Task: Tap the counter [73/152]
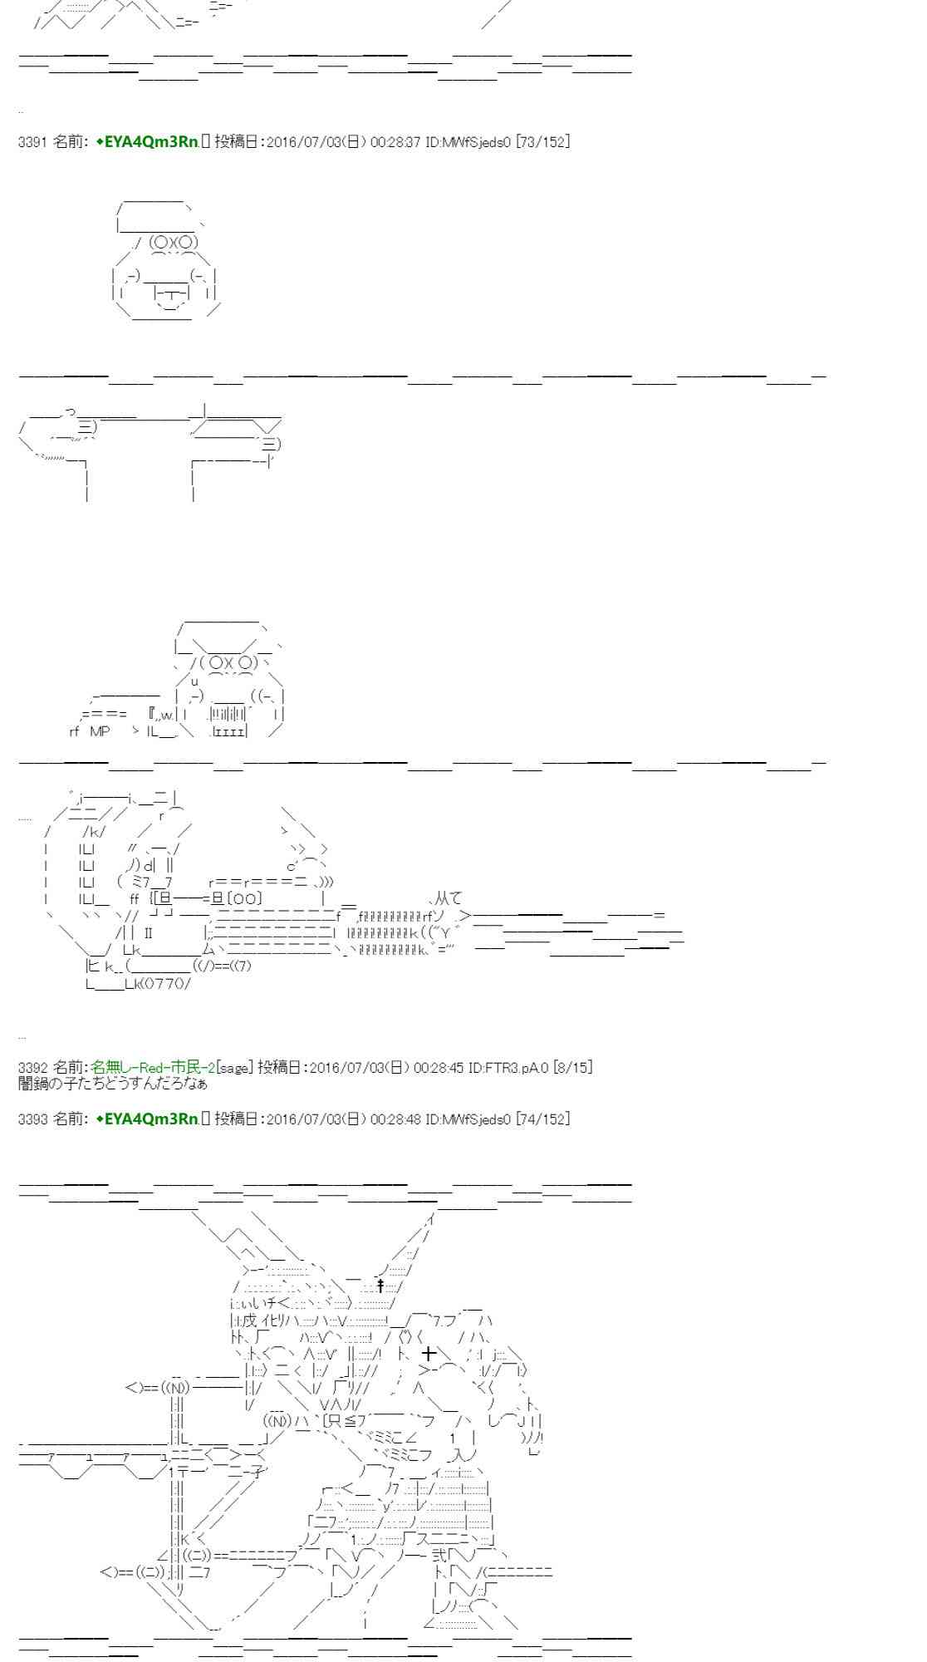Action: pos(542,142)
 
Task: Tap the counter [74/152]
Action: pos(542,1119)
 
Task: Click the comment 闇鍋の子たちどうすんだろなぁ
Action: pos(112,1084)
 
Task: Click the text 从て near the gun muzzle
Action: pos(449,898)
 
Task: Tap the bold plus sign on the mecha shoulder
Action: pos(429,1355)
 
